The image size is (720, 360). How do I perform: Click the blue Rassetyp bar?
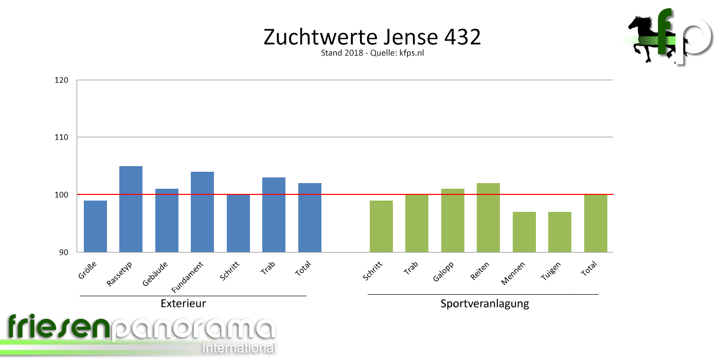131,209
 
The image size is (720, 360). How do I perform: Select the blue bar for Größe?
95,226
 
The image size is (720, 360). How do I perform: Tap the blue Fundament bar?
202,211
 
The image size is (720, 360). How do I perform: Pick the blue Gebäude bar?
167,220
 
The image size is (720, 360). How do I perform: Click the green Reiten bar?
488,218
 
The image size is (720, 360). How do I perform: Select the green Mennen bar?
524,232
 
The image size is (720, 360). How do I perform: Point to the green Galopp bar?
453,220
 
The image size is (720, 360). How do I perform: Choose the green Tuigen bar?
560,232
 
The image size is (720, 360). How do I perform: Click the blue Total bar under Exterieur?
310,218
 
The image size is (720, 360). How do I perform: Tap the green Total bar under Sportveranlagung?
596,223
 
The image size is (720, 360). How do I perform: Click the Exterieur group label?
183,303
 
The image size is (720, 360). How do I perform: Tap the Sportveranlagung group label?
484,303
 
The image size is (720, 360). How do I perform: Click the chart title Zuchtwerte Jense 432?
372,38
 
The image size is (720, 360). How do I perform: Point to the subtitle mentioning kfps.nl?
372,53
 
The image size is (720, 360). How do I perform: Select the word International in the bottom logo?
239,348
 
